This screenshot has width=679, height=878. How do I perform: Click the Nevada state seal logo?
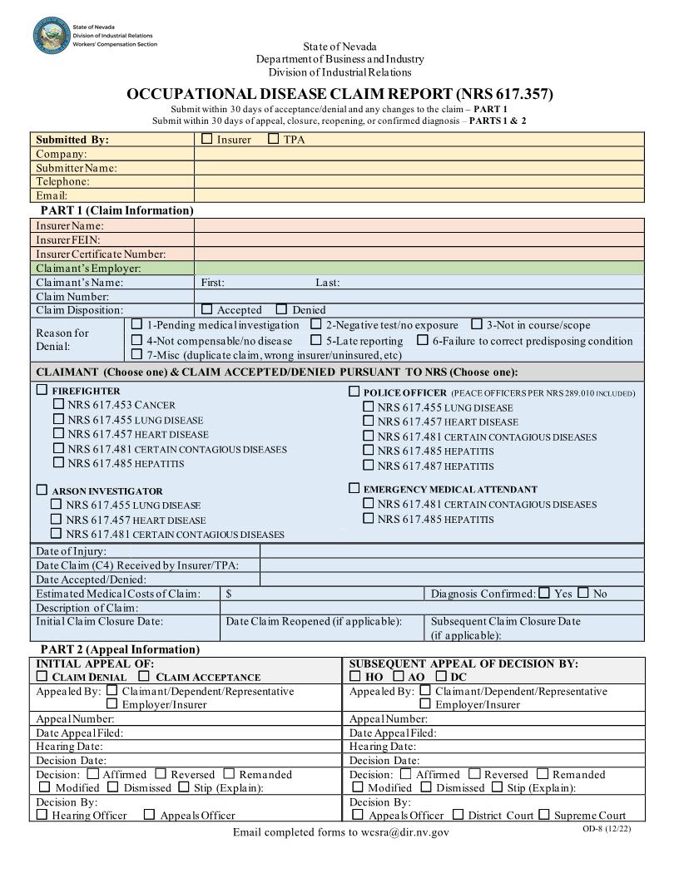[52, 36]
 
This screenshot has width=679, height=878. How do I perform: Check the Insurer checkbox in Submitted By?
[207, 139]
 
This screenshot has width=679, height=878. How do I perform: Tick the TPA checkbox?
[274, 139]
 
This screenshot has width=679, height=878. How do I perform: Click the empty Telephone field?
[419, 181]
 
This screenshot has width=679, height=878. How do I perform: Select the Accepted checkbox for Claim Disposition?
[207, 309]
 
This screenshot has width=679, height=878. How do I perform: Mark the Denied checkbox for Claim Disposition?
[281, 309]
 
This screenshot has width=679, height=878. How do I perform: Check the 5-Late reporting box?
[316, 340]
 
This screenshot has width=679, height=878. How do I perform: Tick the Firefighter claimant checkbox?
[42, 390]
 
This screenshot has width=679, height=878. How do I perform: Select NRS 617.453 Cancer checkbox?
[58, 404]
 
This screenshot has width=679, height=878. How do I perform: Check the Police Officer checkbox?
[354, 391]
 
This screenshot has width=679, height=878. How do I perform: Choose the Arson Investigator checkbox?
[42, 491]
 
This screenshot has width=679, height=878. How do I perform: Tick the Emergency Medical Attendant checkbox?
[354, 489]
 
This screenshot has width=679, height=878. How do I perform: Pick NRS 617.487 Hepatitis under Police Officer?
[368, 466]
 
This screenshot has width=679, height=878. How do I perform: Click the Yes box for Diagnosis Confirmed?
[544, 593]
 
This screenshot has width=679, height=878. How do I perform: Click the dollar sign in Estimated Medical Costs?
[229, 594]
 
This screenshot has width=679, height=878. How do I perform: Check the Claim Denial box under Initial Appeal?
[42, 677]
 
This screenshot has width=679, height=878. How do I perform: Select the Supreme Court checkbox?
[544, 815]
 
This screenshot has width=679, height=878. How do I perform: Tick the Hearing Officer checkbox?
[42, 815]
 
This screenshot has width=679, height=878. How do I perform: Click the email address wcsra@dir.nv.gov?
[403, 832]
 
